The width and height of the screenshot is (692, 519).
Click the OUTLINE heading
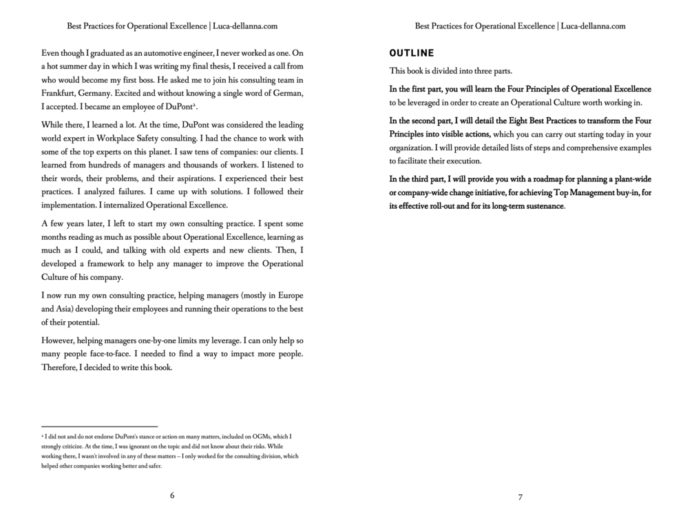(412, 52)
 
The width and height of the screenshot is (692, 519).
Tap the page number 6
(172, 496)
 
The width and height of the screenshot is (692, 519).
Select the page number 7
(521, 496)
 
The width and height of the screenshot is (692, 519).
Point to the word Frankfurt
(60, 93)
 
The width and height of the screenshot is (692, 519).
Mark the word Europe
(286, 295)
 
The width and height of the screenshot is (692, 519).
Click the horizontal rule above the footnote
(99, 427)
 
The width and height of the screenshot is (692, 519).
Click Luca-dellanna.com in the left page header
(246, 26)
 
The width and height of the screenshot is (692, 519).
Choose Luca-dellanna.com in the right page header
(594, 26)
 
